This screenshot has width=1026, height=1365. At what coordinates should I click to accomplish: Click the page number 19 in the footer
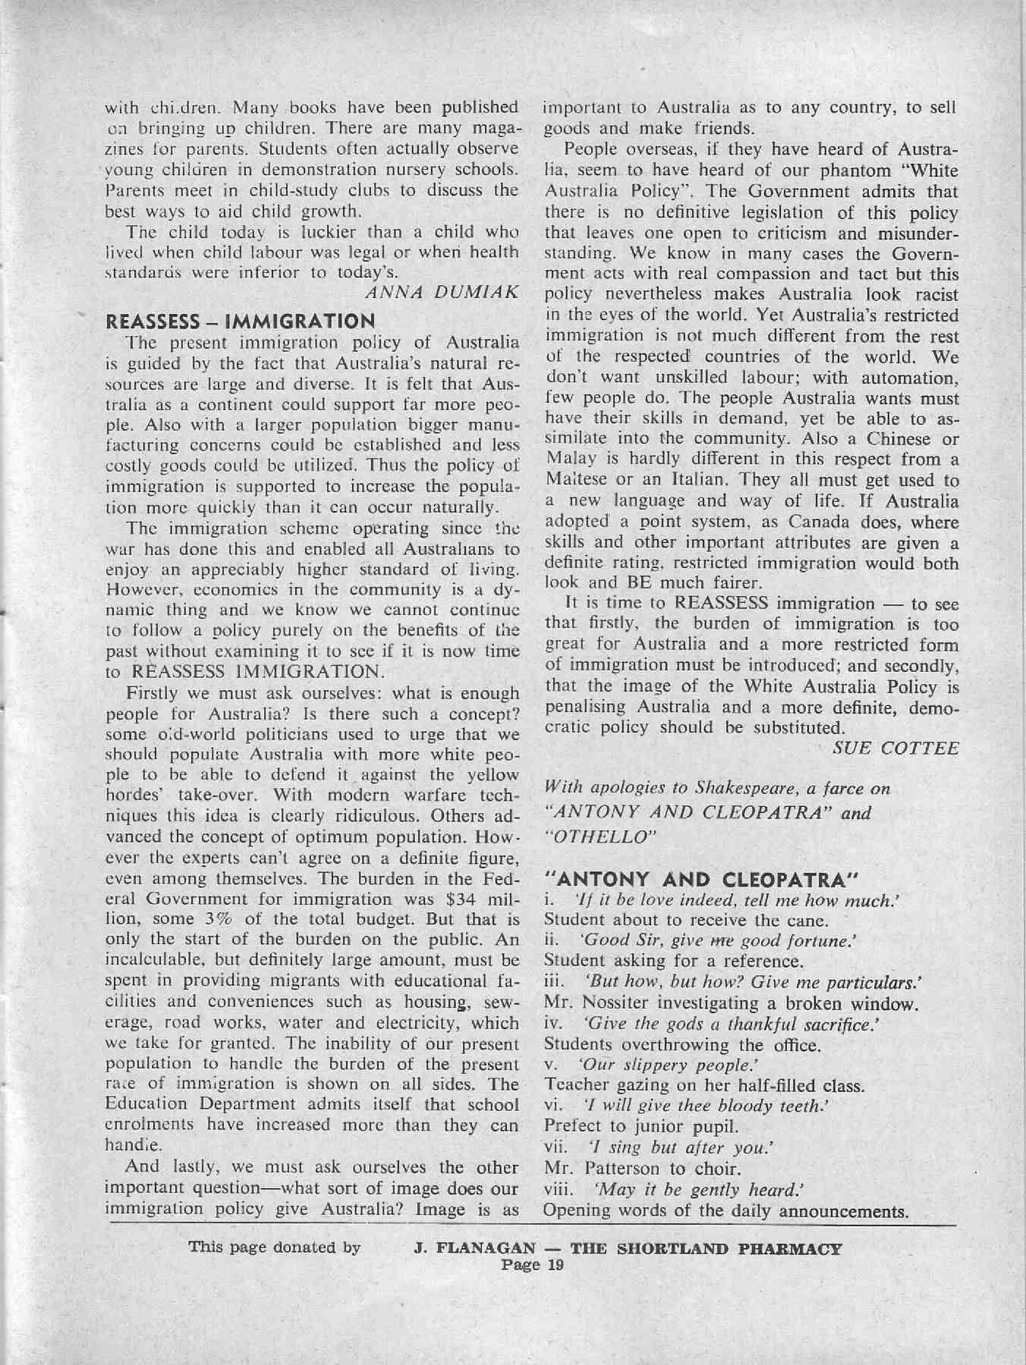tap(552, 1264)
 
